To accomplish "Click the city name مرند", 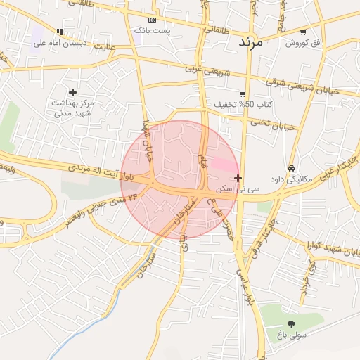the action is coord(250,41).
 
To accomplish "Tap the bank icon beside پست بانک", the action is coord(153,20).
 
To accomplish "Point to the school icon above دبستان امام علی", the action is coord(60,32).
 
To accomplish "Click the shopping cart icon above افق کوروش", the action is coord(303,32).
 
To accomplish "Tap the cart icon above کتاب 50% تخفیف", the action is coord(243,94).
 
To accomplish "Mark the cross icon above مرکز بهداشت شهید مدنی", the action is coord(72,92).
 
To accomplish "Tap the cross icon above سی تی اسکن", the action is coord(239,179).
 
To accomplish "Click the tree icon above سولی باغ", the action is coord(292,324).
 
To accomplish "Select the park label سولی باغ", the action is coord(292,336).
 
